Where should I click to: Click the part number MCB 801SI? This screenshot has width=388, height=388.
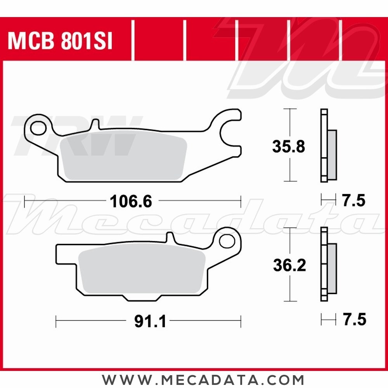click(60, 41)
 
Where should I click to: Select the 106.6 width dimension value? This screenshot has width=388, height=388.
click(131, 202)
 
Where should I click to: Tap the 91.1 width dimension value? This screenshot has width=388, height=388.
click(150, 321)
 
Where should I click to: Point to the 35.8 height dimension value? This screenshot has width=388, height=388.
click(289, 147)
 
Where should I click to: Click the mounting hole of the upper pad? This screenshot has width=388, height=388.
click(38, 127)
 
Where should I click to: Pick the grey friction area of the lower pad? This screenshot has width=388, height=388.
click(142, 272)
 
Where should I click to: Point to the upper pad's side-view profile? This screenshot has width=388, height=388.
click(328, 146)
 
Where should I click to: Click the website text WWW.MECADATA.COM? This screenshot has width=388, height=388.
click(203, 379)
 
